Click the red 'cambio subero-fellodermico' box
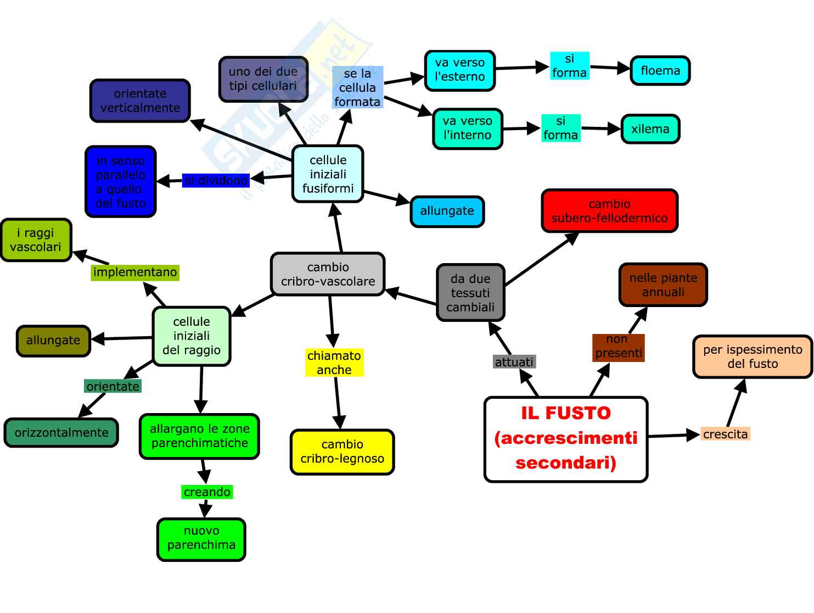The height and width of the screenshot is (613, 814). pyautogui.click(x=609, y=211)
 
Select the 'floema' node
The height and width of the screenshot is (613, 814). pyautogui.click(x=660, y=70)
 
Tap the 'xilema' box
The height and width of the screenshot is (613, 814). pyautogui.click(x=650, y=129)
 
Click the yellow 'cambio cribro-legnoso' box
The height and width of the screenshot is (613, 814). pyautogui.click(x=342, y=452)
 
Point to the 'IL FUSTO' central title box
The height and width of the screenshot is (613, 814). pyautogui.click(x=566, y=439)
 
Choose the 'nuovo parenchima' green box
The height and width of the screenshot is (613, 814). pyautogui.click(x=201, y=538)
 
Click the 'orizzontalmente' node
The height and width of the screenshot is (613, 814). pyautogui.click(x=61, y=433)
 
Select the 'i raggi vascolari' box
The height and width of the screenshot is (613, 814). pyautogui.click(x=36, y=240)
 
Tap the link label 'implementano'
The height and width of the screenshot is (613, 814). pyautogui.click(x=135, y=272)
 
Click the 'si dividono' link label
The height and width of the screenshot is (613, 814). pyautogui.click(x=216, y=180)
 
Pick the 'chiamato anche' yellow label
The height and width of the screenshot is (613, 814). pyautogui.click(x=334, y=363)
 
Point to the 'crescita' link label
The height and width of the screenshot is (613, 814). pyautogui.click(x=725, y=434)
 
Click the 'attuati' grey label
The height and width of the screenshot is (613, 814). pyautogui.click(x=514, y=362)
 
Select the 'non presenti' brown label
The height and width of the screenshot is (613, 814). pyautogui.click(x=618, y=347)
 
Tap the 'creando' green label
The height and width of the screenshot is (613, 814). pyautogui.click(x=207, y=492)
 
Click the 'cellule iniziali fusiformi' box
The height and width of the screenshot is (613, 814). pyautogui.click(x=328, y=174)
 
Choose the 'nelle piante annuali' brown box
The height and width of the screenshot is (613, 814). pyautogui.click(x=663, y=285)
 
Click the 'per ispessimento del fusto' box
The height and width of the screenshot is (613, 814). pyautogui.click(x=753, y=356)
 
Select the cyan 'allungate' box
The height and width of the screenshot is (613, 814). pyautogui.click(x=447, y=211)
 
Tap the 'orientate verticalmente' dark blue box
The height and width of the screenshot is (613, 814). pyautogui.click(x=140, y=101)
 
